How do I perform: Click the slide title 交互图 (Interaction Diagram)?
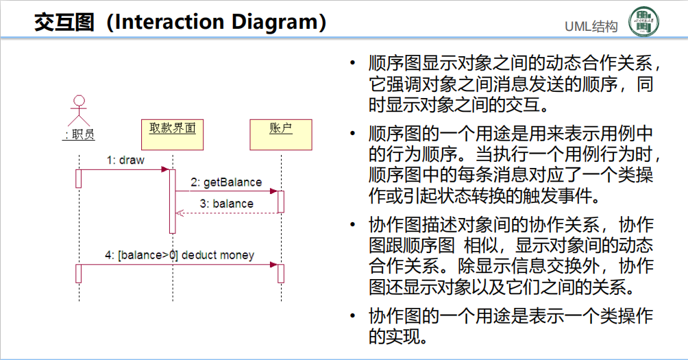click(180, 22)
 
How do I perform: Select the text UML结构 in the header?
click(591, 27)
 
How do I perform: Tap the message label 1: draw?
click(125, 160)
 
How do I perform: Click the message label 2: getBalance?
click(226, 182)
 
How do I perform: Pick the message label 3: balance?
click(226, 204)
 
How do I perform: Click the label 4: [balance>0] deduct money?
click(180, 255)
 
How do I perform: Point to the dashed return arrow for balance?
click(226, 213)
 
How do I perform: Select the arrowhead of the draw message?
click(165, 169)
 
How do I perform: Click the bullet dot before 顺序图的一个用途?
click(352, 132)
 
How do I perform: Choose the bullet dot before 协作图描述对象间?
click(352, 226)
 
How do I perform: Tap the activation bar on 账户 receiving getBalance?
click(281, 202)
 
